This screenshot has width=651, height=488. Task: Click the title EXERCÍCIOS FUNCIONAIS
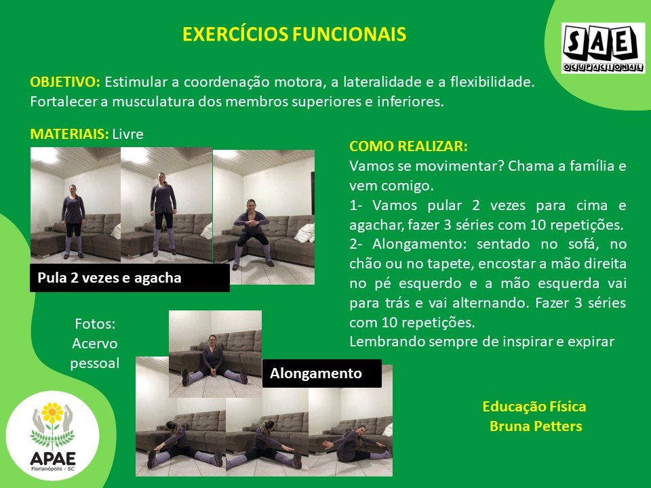coord(294,34)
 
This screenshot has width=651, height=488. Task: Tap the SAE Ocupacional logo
coord(603,48)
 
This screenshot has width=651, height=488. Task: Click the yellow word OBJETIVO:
coord(65,82)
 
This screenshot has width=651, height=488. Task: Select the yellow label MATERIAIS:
coord(69,134)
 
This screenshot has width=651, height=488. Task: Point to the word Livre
coord(128,134)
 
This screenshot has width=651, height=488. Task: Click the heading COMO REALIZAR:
coord(408,146)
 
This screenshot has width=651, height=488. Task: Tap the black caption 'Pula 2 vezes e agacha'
coord(130,278)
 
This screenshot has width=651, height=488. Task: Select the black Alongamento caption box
coord(321,373)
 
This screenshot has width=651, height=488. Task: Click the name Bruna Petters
coord(536,426)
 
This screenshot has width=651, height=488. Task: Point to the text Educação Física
coord(534,407)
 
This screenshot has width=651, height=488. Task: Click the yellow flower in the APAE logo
coord(52,413)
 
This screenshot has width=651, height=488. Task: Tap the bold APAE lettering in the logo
coord(53,459)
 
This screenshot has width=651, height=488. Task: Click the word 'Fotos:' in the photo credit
coord(95,324)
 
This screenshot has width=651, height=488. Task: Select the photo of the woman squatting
coord(264,217)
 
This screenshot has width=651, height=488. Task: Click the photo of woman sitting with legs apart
coord(215,354)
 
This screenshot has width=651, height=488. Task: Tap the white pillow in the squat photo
coord(305,232)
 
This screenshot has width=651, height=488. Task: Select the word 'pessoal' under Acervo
coord(95,363)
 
